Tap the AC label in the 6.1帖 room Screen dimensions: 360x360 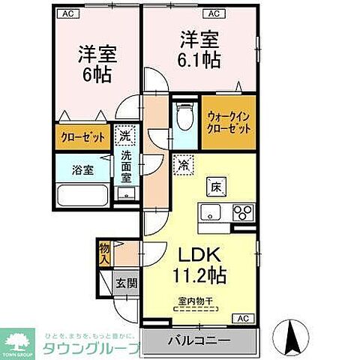click(x=214, y=13)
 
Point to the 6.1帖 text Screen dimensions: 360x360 click(x=199, y=59)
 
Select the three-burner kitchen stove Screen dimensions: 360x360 click(x=241, y=211)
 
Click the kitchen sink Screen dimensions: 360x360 click(x=210, y=210)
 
